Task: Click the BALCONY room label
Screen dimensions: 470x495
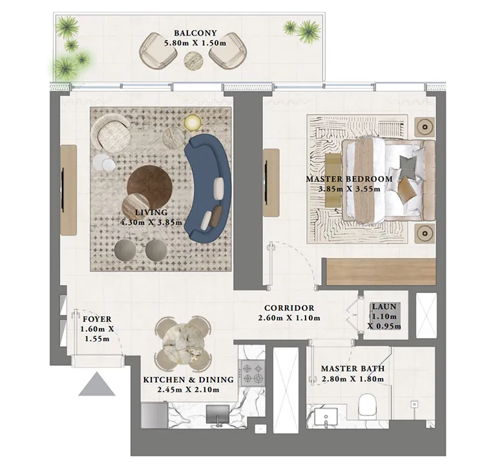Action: coord(195,33)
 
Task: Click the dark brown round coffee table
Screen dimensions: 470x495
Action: coord(150,185)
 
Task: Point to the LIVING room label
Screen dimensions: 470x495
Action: coord(151,212)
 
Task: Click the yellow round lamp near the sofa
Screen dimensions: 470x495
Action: coord(193,123)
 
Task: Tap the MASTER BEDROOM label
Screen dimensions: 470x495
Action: coord(349,179)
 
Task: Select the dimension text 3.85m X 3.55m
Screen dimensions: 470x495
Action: coord(349,189)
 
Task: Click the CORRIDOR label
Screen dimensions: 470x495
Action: coord(289,308)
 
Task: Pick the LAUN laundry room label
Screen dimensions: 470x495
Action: coord(379,308)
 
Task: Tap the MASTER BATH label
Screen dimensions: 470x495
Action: coord(353,369)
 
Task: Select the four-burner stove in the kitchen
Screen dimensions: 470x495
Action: coord(251,374)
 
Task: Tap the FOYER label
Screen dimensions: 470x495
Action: coord(98,319)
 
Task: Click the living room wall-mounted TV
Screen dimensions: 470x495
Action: coord(63,190)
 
